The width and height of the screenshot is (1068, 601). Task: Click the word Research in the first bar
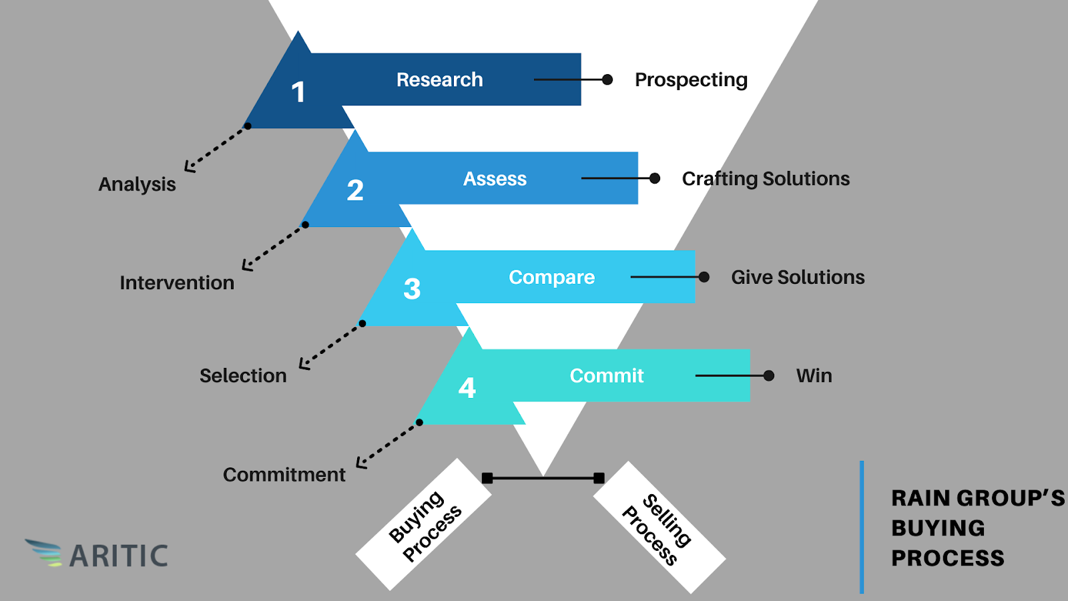(x=439, y=79)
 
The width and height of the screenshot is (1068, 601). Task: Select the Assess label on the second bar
(x=495, y=179)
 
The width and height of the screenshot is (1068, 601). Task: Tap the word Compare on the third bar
(x=551, y=277)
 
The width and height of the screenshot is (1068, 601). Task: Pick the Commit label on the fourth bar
(x=606, y=376)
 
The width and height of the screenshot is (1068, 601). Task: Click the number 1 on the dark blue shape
(x=298, y=92)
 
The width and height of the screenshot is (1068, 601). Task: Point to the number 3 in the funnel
(x=412, y=289)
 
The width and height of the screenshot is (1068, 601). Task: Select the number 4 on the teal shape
(x=467, y=388)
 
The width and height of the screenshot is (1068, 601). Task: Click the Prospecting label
(x=691, y=80)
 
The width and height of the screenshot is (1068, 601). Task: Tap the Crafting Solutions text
(x=766, y=179)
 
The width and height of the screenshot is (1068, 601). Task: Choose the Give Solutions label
(x=798, y=277)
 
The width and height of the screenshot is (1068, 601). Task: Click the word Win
(x=814, y=376)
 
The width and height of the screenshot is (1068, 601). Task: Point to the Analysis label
(x=137, y=184)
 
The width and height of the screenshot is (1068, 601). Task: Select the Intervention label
(x=177, y=283)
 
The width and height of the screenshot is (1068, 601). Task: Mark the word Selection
(x=243, y=376)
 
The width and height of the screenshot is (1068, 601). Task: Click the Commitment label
(x=284, y=475)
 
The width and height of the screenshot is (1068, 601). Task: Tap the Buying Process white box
(x=424, y=525)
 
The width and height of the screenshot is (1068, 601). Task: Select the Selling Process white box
(x=659, y=528)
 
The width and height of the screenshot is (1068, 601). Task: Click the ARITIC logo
(x=97, y=554)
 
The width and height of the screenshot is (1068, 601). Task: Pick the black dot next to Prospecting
(x=607, y=80)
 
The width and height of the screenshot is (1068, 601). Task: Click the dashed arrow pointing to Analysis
(x=215, y=148)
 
